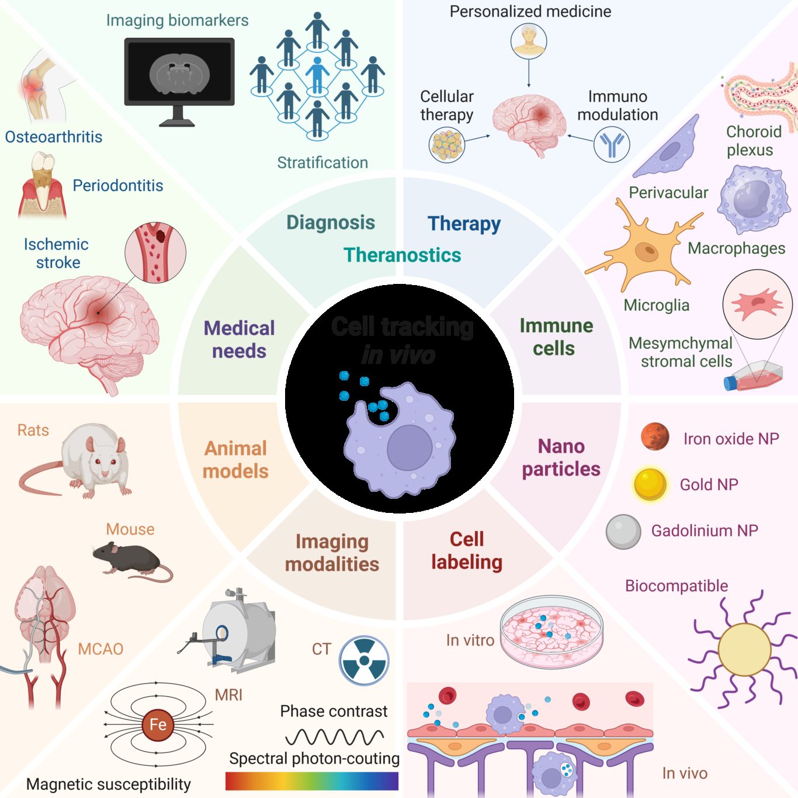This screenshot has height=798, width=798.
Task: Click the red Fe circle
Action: [x=158, y=725]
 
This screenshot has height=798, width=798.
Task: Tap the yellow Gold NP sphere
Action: [x=650, y=484]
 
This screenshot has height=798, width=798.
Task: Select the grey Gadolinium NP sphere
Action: [x=624, y=532]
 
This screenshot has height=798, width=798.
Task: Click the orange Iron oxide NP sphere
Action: [x=655, y=436]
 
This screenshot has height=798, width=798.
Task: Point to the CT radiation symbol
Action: [x=364, y=660]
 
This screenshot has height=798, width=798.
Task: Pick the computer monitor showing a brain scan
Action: [x=179, y=74]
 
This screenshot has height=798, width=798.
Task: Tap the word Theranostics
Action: [x=402, y=255]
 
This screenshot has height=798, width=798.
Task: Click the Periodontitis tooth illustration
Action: [x=42, y=184]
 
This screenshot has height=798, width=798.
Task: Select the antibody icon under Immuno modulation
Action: [x=611, y=144]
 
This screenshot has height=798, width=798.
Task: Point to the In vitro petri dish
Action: [x=551, y=632]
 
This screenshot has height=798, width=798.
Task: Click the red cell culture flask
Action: [x=754, y=377]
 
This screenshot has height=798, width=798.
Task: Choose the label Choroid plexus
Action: [x=753, y=141]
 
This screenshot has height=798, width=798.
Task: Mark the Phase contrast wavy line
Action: [x=334, y=737]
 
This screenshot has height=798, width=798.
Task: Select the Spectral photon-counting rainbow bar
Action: [x=311, y=781]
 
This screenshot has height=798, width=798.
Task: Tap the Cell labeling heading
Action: [x=466, y=550]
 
